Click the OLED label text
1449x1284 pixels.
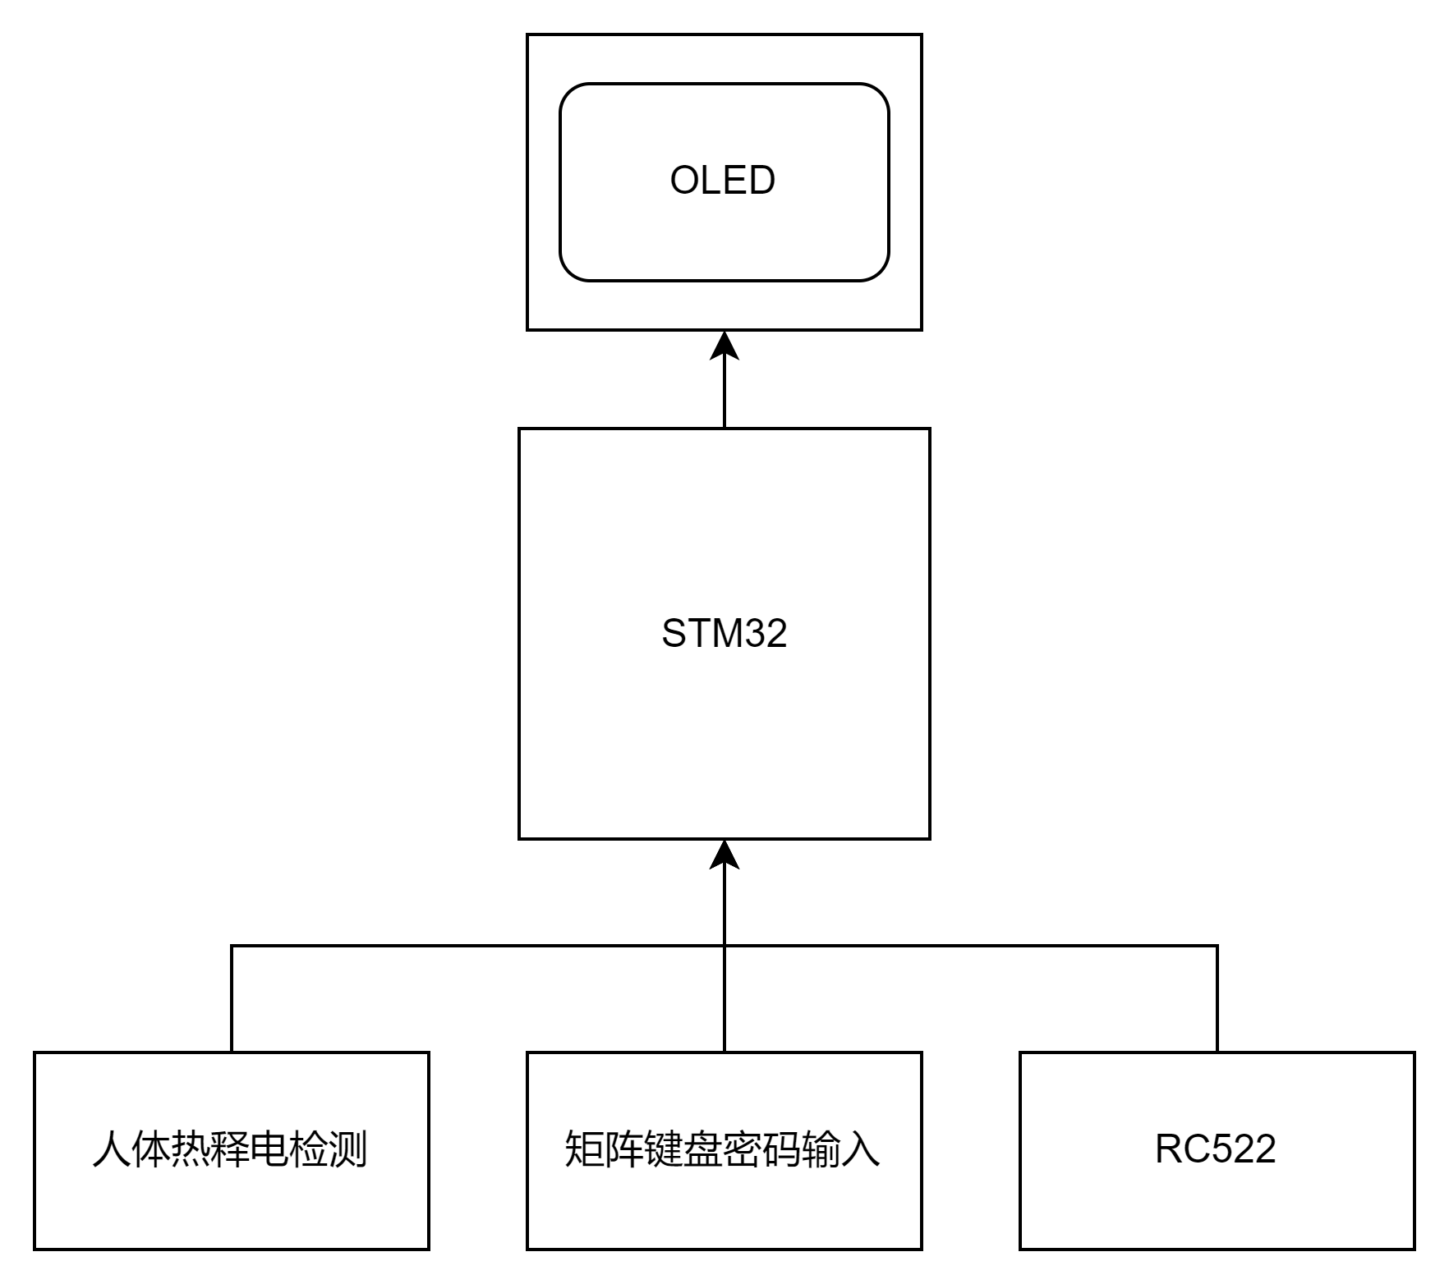pos(723,181)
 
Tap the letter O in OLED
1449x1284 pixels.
pos(685,181)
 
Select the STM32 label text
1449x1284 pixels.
pos(724,634)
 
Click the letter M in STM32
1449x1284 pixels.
pos(724,634)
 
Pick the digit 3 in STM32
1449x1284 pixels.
pos(756,634)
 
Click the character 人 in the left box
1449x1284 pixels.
pos(112,1149)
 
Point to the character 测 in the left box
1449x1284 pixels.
pos(347,1149)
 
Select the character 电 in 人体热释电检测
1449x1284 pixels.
pos(269,1149)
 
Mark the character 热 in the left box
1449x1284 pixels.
pos(190,1149)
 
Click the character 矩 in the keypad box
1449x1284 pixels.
pos(584,1149)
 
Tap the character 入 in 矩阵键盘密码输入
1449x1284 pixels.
pos(860,1149)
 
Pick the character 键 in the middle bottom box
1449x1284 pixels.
pos(663,1149)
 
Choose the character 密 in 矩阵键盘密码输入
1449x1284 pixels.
pos(742,1149)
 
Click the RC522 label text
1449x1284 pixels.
pos(1216,1149)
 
